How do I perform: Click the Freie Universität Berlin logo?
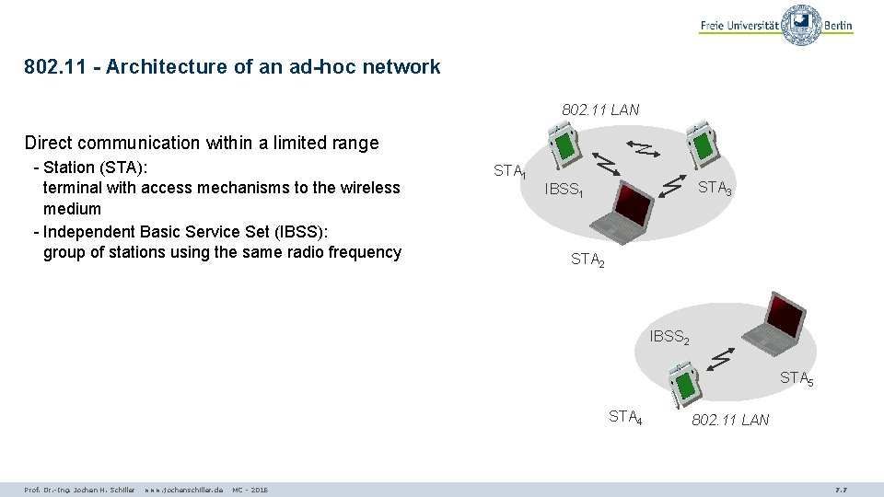pos(776,25)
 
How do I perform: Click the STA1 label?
pos(509,171)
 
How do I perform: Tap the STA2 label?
pos(587,260)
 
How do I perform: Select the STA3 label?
pos(715,189)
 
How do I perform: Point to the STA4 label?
pos(625,418)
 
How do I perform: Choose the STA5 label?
pos(797,378)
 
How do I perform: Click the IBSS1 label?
pos(564,191)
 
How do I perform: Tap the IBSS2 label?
pos(669,338)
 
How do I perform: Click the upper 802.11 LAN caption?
pos(600,110)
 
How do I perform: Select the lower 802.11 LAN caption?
pos(730,421)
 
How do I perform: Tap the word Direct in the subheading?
pos(49,143)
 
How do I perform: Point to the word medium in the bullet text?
pos(72,209)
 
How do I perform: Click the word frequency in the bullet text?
pos(364,252)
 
